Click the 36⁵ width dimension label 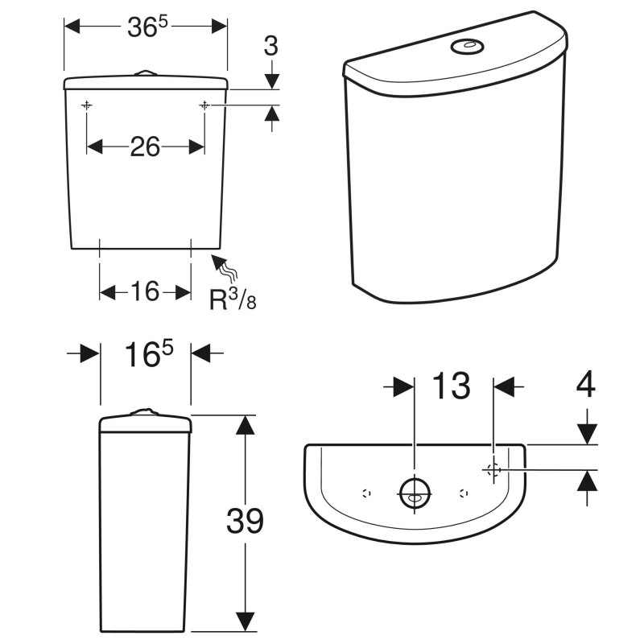click(x=147, y=27)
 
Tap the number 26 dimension click(x=145, y=147)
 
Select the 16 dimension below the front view click(x=145, y=291)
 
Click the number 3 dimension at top click(x=271, y=46)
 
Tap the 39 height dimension click(x=245, y=520)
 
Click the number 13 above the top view click(x=452, y=386)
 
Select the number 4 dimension click(x=586, y=384)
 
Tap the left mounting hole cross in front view click(x=87, y=106)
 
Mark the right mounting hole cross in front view click(x=204, y=106)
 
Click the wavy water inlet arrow click(x=225, y=267)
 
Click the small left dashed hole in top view click(x=366, y=493)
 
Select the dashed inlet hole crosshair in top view click(x=493, y=469)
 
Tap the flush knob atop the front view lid click(x=145, y=72)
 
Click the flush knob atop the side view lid click(x=144, y=412)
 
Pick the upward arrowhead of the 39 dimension click(x=246, y=424)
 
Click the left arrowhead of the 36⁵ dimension click(x=72, y=27)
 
